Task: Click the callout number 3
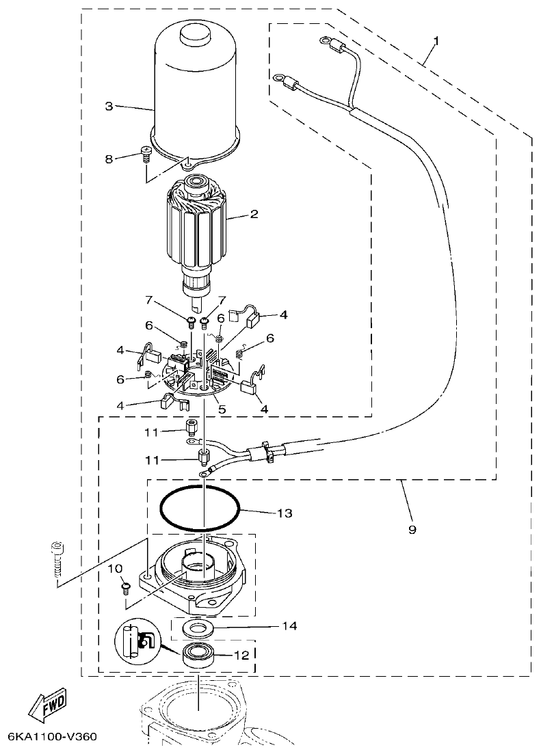(x=109, y=106)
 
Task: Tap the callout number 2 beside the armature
(x=254, y=214)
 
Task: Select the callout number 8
(x=109, y=159)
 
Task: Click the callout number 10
(x=115, y=568)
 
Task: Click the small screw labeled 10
(x=127, y=586)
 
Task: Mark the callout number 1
(x=436, y=41)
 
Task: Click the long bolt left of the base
(x=57, y=561)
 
